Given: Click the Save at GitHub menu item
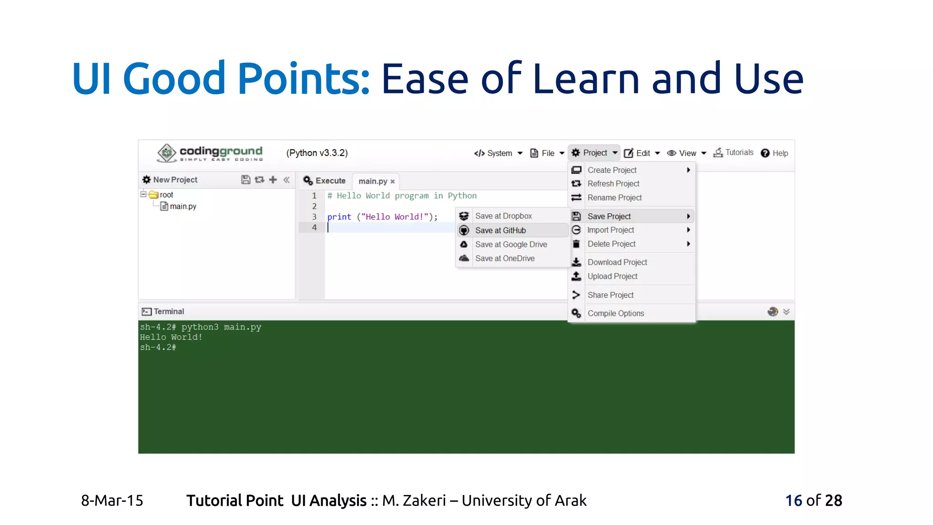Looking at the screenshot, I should pos(500,231).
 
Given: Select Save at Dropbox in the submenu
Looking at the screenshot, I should pos(503,216).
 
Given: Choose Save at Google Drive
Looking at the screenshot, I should pos(511,245).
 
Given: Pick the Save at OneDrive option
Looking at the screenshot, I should pos(505,258).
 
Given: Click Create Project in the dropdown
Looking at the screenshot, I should pos(612,170).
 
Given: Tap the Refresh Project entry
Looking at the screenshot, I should pos(613,184).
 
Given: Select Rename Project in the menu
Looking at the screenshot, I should pos(615,198).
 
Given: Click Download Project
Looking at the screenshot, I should pos(617,262).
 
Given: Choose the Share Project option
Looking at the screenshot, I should pos(610,295).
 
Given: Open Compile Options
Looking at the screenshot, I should pos(615,314).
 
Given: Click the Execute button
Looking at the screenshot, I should pos(324,181).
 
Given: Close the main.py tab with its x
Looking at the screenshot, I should pos(393,182).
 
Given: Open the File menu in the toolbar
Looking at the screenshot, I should pos(547,153).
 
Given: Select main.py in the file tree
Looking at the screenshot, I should pos(183,206).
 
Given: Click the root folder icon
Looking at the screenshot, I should pos(154,195).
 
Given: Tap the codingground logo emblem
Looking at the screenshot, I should pos(167,153).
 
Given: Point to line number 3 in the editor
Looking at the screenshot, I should pos(314,217).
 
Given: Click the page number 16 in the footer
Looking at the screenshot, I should pos(794,500).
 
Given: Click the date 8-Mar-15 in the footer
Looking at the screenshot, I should pos(112,500).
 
